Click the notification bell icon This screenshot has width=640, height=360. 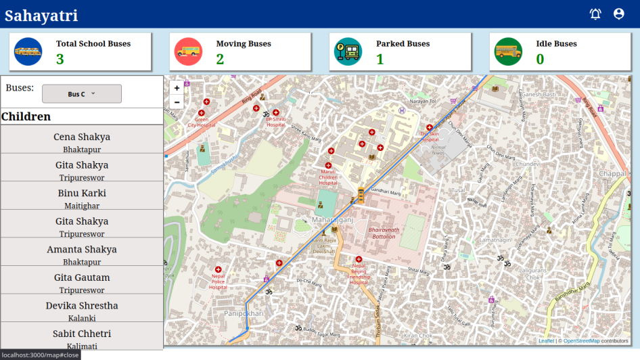[x=595, y=14]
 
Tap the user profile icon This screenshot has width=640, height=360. [x=618, y=14]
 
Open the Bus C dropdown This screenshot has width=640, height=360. [x=82, y=94]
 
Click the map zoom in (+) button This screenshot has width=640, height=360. [x=177, y=88]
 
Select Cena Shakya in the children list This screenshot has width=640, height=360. [x=82, y=142]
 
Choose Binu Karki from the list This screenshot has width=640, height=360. [x=82, y=198]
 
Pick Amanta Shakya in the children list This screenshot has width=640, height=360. [x=82, y=254]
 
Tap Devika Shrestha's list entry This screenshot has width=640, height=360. [x=82, y=311]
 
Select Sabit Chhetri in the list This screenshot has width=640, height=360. [x=82, y=338]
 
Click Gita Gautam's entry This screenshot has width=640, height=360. [x=82, y=283]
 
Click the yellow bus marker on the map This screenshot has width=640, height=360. [x=361, y=196]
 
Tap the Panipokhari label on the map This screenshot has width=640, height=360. [x=244, y=314]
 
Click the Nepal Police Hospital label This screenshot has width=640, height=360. [x=218, y=281]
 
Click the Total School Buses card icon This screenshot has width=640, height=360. [x=28, y=51]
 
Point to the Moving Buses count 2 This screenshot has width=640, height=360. [x=220, y=60]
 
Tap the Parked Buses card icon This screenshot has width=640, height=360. [x=348, y=51]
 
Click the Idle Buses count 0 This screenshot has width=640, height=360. [x=540, y=60]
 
